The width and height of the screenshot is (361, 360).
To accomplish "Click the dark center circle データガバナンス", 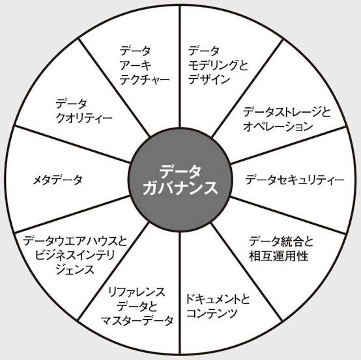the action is pyautogui.click(x=180, y=180).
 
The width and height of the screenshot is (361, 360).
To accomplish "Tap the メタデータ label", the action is pyautogui.click(x=57, y=180).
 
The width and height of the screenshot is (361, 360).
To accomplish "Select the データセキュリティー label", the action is pyautogui.click(x=295, y=180).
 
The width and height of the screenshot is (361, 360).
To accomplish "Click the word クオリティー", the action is pyautogui.click(x=84, y=118).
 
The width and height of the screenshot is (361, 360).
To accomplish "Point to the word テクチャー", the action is pyautogui.click(x=145, y=80).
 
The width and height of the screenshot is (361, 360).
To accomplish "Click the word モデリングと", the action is pyautogui.click(x=218, y=65).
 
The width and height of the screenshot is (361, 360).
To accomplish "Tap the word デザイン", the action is pyautogui.click(x=209, y=79).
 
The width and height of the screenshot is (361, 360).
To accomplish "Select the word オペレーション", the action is pyautogui.click(x=278, y=127).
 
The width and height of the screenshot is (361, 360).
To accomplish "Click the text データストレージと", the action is pyautogui.click(x=287, y=112).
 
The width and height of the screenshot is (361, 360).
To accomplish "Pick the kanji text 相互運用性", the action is pyautogui.click(x=279, y=256).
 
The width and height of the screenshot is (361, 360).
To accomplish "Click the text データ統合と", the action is pyautogui.click(x=282, y=242).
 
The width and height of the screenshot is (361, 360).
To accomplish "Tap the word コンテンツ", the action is pyautogui.click(x=212, y=313).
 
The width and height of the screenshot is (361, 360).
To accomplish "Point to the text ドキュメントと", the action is pyautogui.click(x=218, y=299).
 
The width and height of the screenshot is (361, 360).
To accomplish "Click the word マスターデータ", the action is pyautogui.click(x=137, y=321).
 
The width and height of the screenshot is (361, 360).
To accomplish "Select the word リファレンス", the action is pyautogui.click(x=137, y=292).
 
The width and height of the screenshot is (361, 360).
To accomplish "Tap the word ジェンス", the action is pyautogui.click(x=76, y=270).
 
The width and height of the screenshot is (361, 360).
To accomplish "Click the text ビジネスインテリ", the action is pyautogui.click(x=75, y=256).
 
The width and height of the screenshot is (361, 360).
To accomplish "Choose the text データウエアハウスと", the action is pyautogui.click(x=75, y=242).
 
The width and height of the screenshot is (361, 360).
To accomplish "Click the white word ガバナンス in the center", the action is pyautogui.click(x=180, y=188).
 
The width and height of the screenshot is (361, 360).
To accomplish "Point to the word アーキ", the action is pyautogui.click(x=136, y=65).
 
